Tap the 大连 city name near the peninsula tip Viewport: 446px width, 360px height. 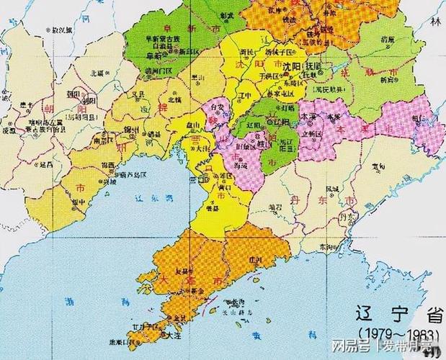coord(173,335)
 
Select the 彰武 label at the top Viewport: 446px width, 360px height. coord(227,14)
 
